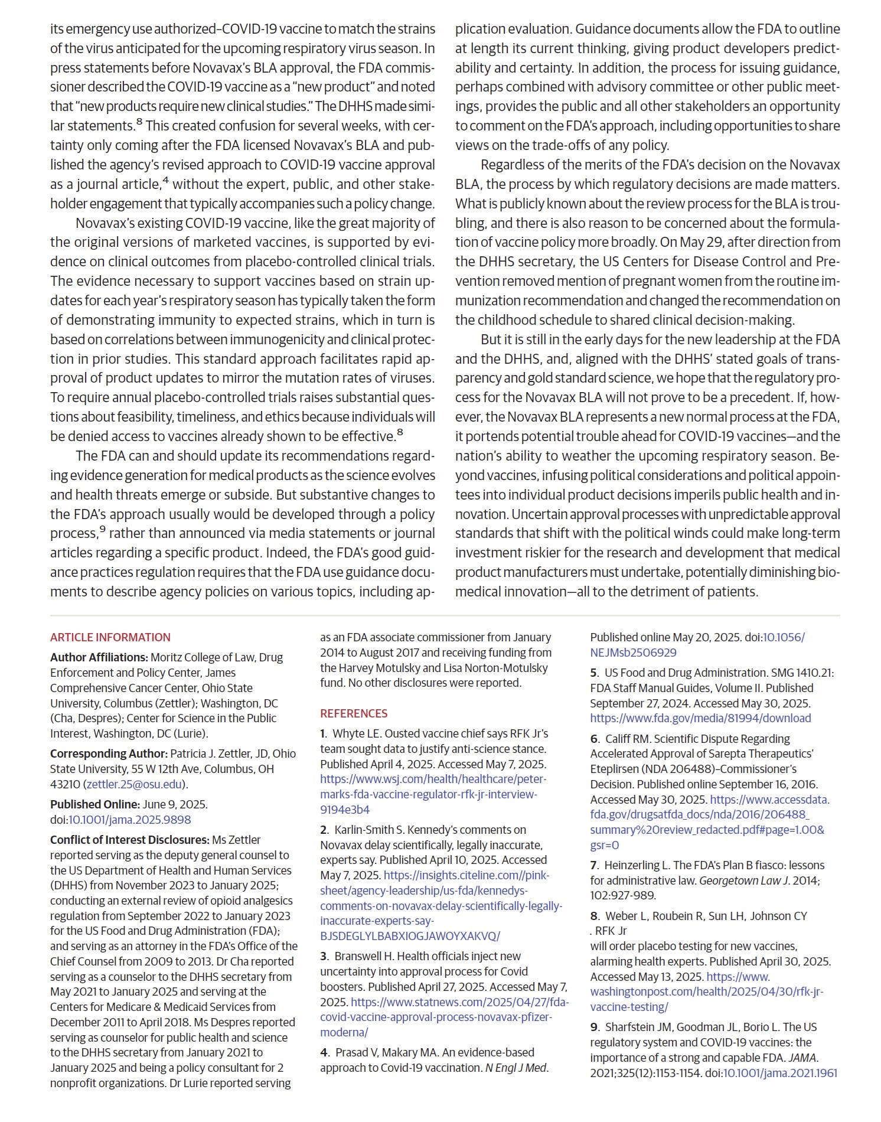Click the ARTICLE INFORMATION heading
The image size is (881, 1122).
click(x=110, y=637)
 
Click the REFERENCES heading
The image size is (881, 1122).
click(x=354, y=713)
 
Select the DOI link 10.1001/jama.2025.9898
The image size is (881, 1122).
click(x=130, y=820)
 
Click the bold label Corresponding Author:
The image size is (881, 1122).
click(x=109, y=754)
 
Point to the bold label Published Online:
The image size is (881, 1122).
click(x=94, y=804)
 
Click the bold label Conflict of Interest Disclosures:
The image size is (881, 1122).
click(x=129, y=840)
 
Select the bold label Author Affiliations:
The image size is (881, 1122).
click(x=99, y=657)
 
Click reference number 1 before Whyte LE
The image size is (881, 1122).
click(x=323, y=733)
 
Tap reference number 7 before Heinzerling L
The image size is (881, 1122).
click(x=593, y=865)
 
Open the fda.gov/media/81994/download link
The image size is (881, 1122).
click(x=700, y=718)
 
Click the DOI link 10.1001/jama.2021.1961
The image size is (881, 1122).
click(x=780, y=1073)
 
